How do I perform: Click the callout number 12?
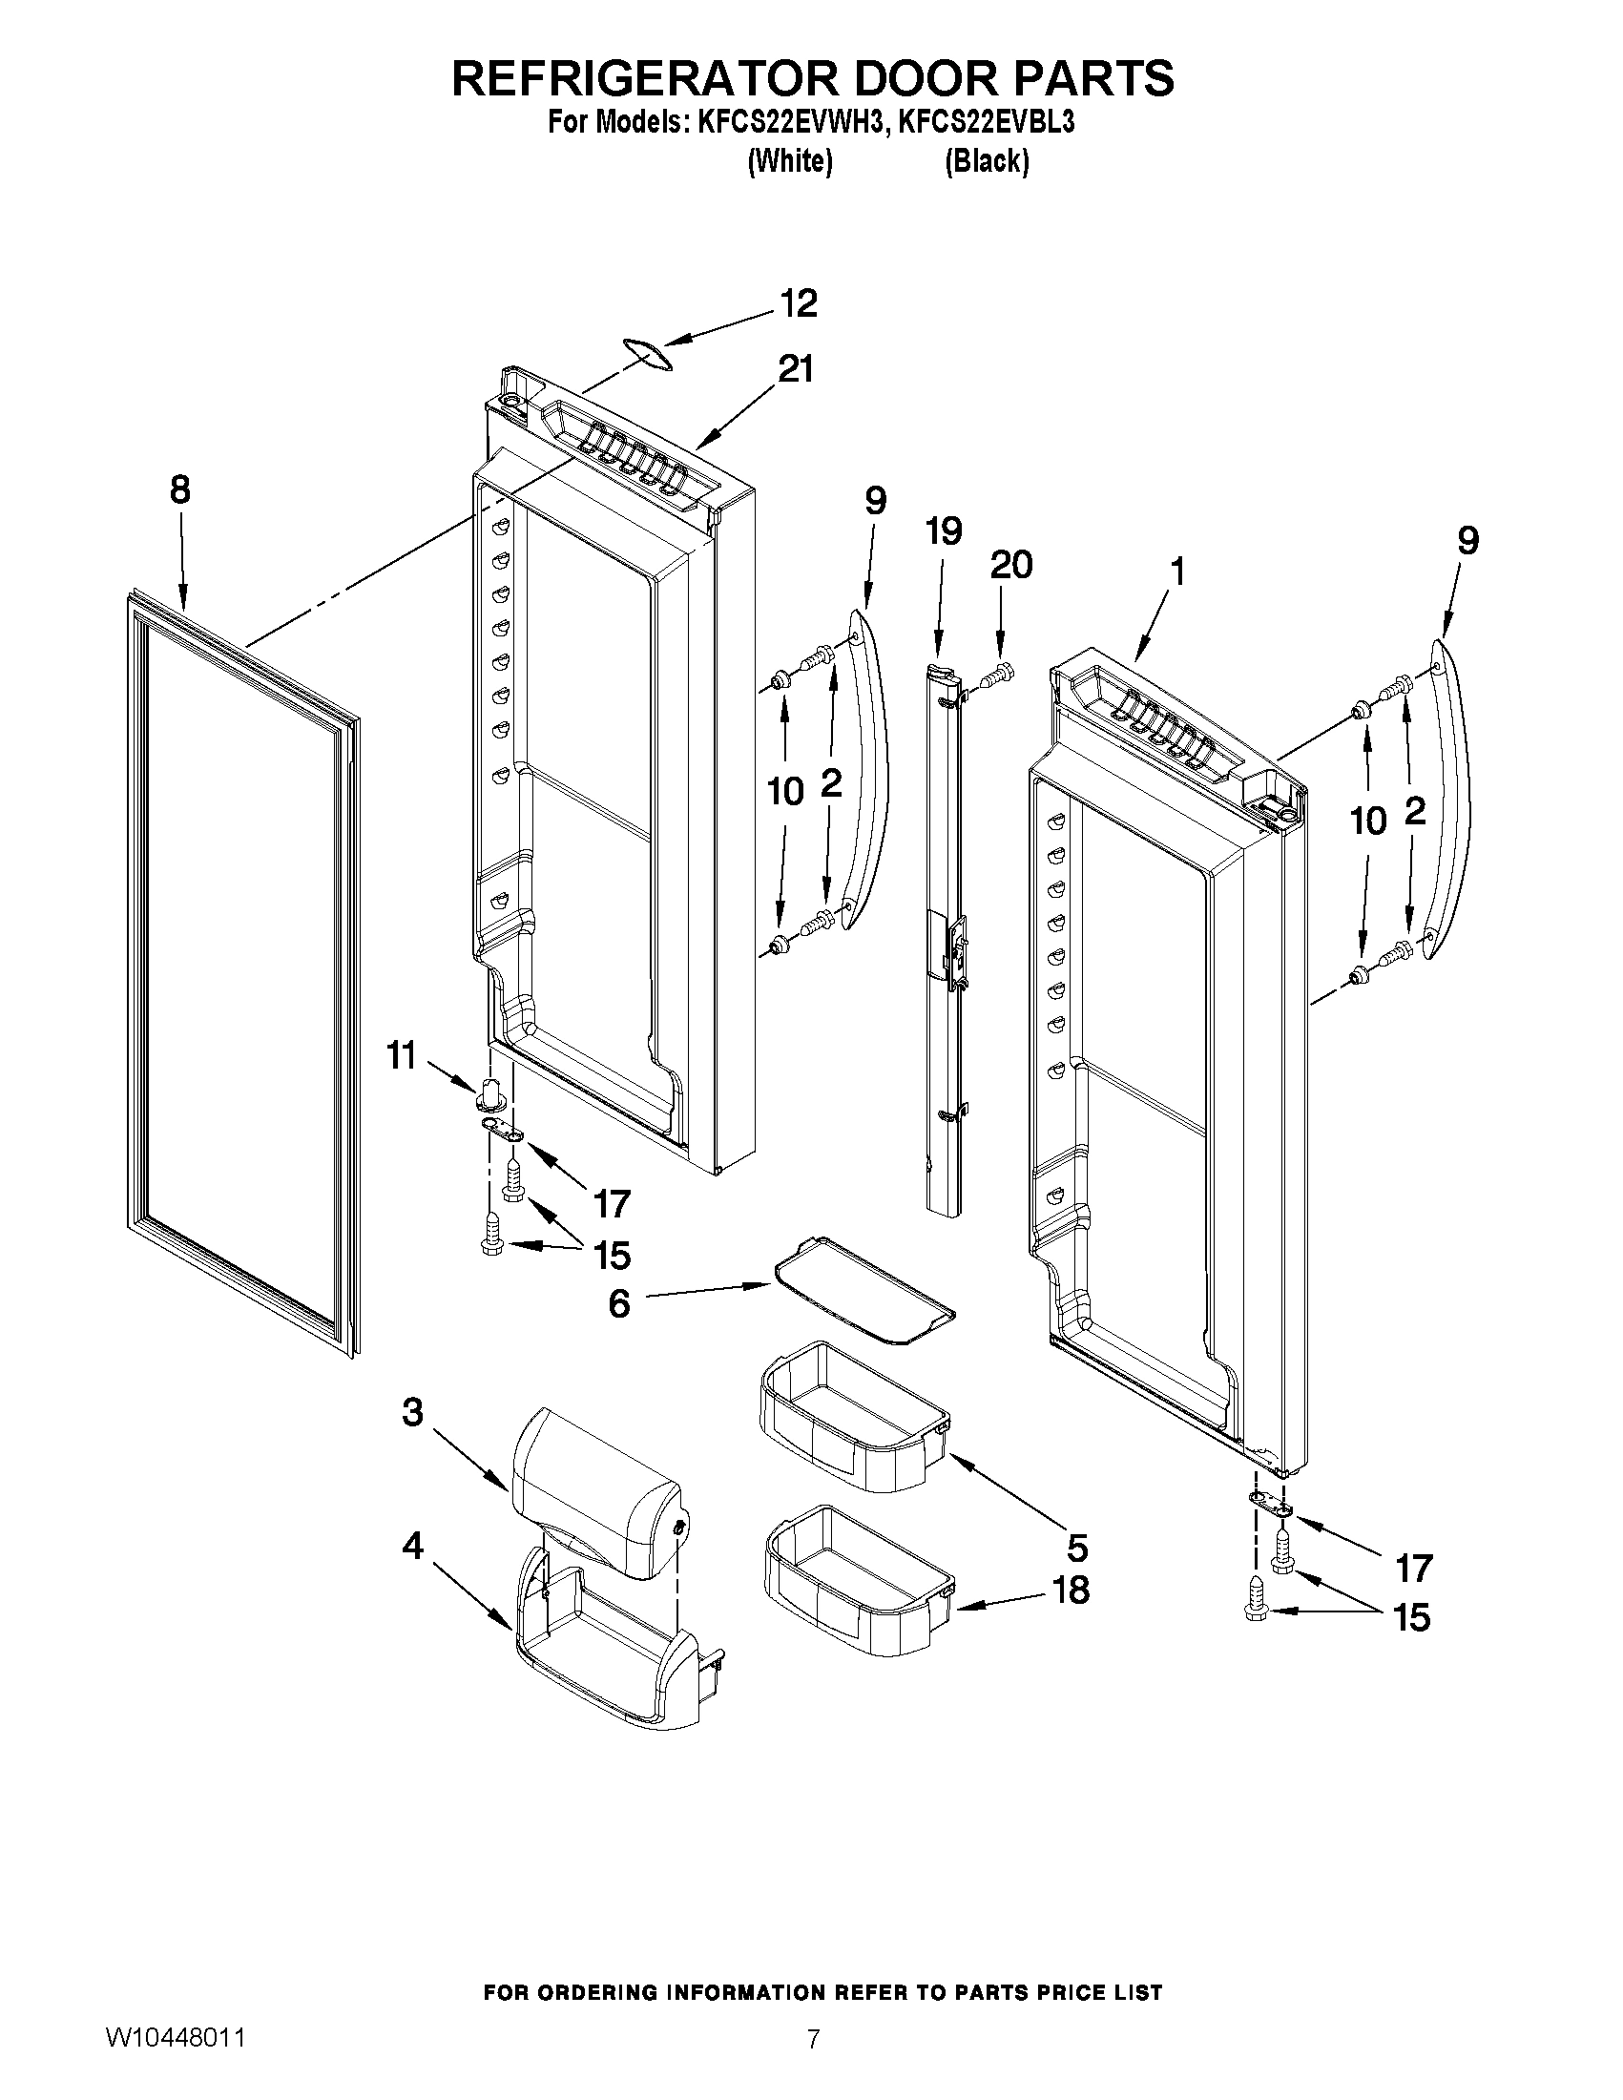pyautogui.click(x=798, y=302)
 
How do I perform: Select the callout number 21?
pyautogui.click(x=794, y=368)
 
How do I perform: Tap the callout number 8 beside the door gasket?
pyautogui.click(x=179, y=490)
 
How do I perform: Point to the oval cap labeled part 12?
pyautogui.click(x=644, y=353)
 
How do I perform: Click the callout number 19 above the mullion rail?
pyautogui.click(x=944, y=530)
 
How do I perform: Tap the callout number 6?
pyautogui.click(x=619, y=1304)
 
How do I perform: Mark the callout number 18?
pyautogui.click(x=1071, y=1590)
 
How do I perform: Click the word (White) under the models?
pyautogui.click(x=789, y=161)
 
